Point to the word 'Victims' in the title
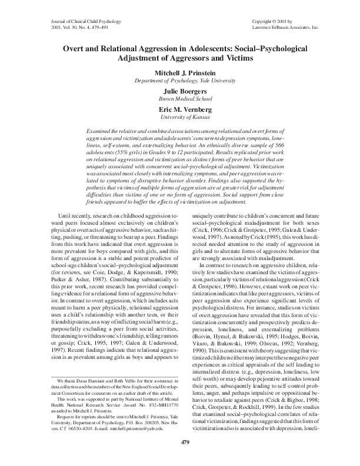pyautogui.click(x=229, y=59)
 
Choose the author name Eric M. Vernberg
pyautogui.click(x=180, y=110)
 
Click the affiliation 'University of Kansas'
pyautogui.click(x=180, y=118)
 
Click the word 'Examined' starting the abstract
pyautogui.click(x=99, y=129)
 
